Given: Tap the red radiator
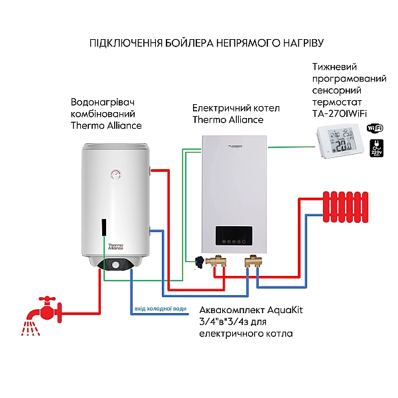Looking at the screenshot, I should [x=346, y=206].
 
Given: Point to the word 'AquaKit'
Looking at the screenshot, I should [x=269, y=310].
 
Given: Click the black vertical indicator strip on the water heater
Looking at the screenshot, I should [x=103, y=227].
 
